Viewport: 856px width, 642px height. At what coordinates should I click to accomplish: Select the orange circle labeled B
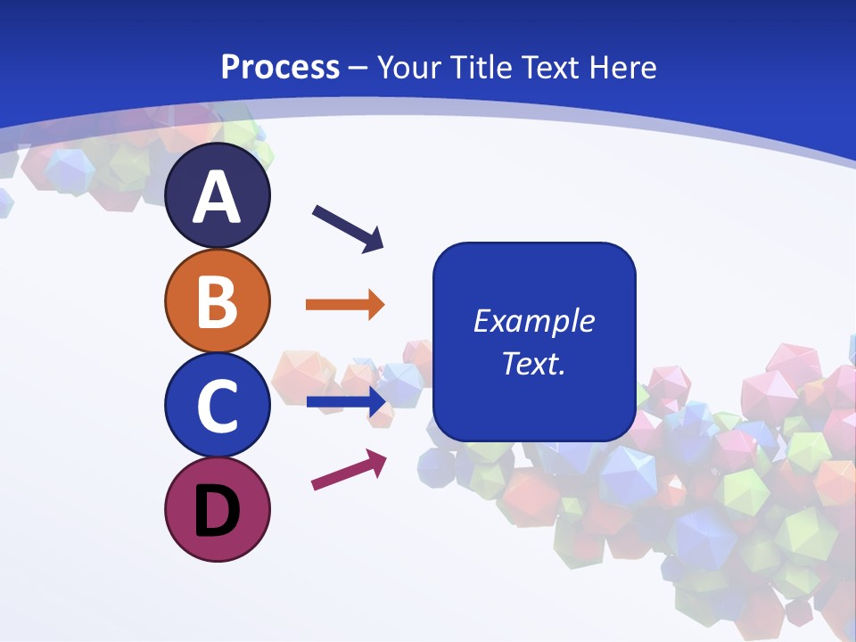coord(217,301)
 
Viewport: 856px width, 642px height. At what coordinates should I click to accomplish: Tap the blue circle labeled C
coord(217,406)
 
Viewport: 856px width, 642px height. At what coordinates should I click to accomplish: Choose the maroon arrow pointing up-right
coord(349,470)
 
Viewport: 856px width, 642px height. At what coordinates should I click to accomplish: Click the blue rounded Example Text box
coord(534,342)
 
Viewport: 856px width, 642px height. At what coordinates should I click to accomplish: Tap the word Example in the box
coord(534,321)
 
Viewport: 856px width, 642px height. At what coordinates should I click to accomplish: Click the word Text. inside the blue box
coord(534,363)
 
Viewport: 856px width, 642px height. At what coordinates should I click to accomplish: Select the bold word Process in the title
coord(280,67)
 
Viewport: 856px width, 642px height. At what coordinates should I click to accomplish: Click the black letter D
coord(217,511)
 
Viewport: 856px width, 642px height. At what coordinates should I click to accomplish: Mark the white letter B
coord(217,301)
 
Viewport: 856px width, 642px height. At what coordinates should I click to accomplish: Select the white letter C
coord(217,406)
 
